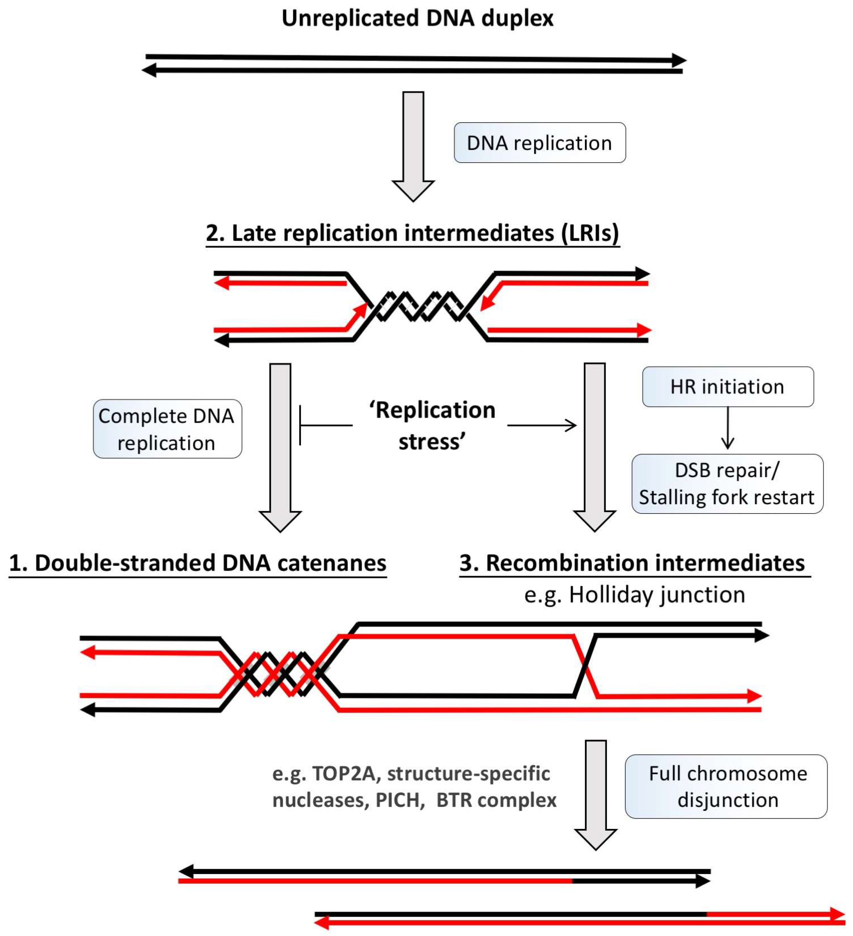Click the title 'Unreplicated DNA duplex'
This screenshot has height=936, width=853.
pyautogui.click(x=417, y=19)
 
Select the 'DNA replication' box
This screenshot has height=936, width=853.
pyautogui.click(x=539, y=143)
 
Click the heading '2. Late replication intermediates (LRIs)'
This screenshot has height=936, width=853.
pyautogui.click(x=412, y=233)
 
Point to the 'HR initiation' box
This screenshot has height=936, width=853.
pyautogui.click(x=727, y=387)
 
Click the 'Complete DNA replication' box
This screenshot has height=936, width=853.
pyautogui.click(x=167, y=429)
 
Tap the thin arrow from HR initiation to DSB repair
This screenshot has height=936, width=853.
pyautogui.click(x=727, y=428)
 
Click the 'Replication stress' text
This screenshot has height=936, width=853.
pyautogui.click(x=432, y=426)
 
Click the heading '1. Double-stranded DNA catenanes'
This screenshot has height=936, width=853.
pyautogui.click(x=197, y=563)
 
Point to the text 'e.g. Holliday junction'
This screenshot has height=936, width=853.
pyautogui.click(x=634, y=595)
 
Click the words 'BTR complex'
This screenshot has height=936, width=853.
pyautogui.click(x=496, y=800)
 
